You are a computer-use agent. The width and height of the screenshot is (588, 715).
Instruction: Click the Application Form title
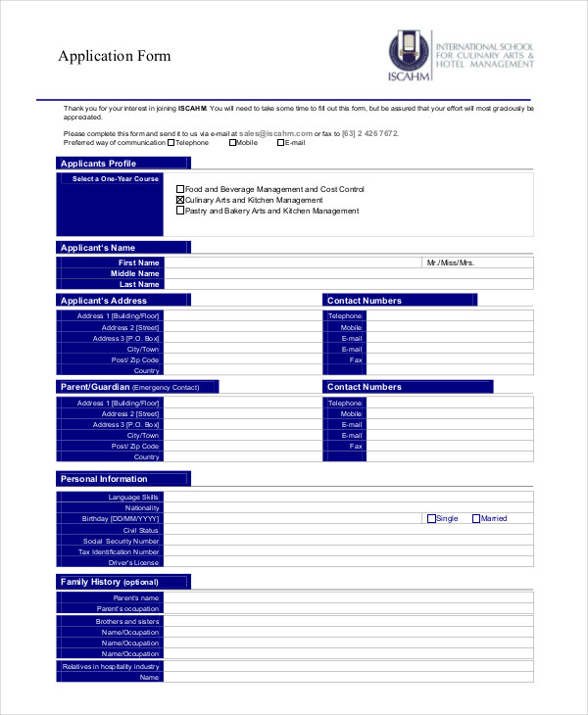[115, 56]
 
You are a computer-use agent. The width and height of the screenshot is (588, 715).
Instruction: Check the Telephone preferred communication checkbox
[171, 142]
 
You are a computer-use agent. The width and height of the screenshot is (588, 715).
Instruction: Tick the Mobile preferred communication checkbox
[232, 142]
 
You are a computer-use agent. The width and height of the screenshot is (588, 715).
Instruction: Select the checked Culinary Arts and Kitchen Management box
[180, 200]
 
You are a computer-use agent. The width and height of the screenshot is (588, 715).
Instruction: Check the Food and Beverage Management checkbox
[180, 189]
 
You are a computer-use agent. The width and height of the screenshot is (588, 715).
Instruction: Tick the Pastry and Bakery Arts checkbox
[180, 211]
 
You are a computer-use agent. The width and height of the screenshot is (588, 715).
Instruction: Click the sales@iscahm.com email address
[275, 132]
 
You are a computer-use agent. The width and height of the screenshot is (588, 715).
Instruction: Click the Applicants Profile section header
[99, 164]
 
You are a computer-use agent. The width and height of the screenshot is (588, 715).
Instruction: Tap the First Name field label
[138, 262]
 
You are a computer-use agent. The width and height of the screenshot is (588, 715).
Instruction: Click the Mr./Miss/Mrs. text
[450, 262]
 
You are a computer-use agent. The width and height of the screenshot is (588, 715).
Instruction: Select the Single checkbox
[431, 518]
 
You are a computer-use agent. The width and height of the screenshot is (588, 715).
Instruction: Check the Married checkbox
[476, 518]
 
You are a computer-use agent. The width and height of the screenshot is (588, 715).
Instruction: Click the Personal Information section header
[104, 479]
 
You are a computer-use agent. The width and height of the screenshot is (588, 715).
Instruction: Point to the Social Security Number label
[121, 541]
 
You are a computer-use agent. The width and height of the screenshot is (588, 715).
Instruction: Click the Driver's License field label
[133, 562]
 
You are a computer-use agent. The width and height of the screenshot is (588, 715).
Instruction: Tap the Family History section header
[110, 582]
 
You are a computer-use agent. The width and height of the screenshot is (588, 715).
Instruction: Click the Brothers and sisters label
[127, 621]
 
